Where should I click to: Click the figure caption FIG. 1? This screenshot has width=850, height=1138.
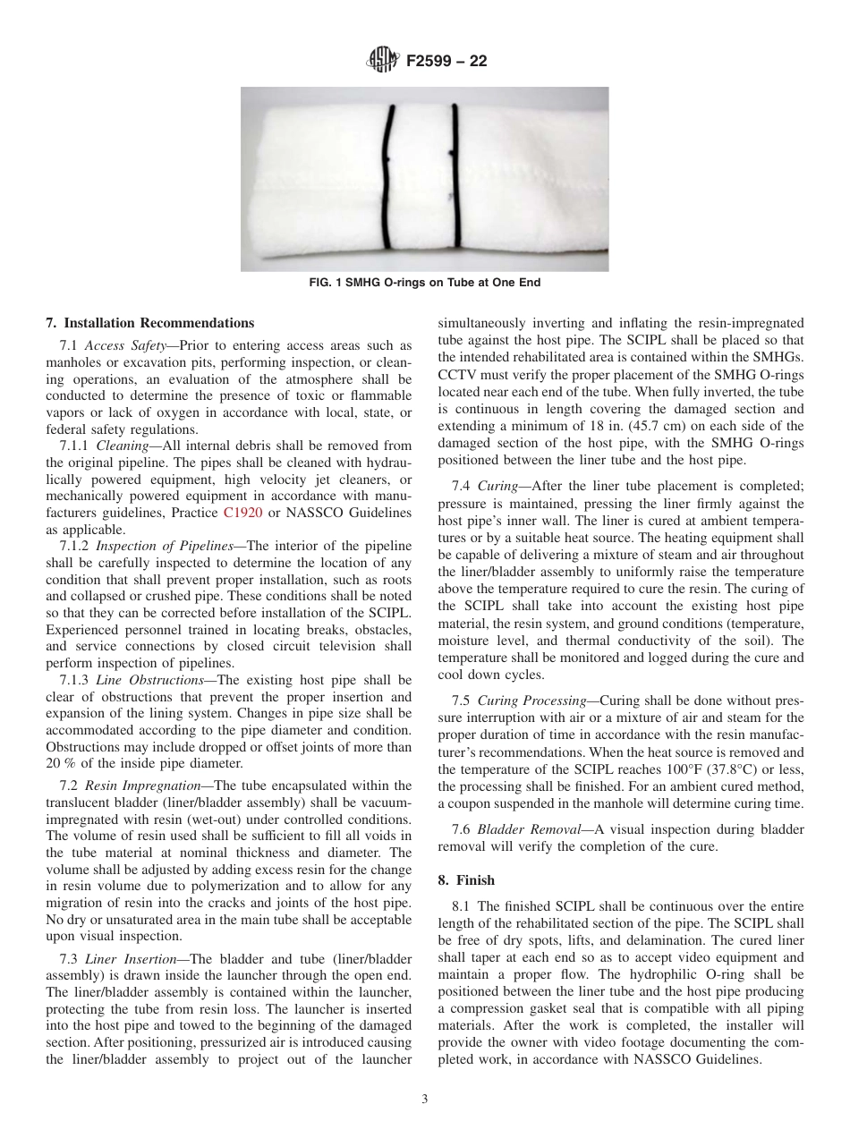pos(424,283)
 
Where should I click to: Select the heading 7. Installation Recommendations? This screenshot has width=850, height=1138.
pos(150,323)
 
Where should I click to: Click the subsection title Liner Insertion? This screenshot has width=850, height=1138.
pos(130,958)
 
